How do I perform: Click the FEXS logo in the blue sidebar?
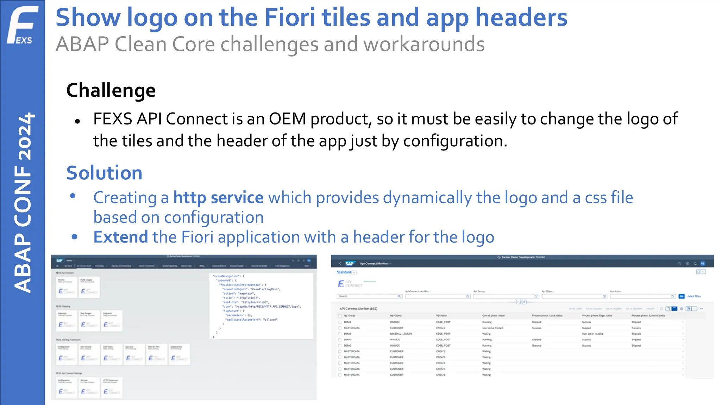point(22,25)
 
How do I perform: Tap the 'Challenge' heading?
point(111,90)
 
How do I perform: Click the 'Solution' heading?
point(104,173)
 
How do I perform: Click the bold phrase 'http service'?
point(218,198)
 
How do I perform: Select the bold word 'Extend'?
point(120,237)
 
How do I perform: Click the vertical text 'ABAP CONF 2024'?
point(23,202)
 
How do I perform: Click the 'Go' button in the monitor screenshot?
point(682,296)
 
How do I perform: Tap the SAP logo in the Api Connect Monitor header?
point(350,263)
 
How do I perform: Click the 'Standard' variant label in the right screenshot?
point(344,272)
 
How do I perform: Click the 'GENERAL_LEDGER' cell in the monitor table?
point(401,334)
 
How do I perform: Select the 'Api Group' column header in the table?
point(349,315)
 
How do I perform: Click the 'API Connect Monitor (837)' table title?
point(358,309)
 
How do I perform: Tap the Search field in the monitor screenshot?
point(369,296)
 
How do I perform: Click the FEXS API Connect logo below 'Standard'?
point(350,283)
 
